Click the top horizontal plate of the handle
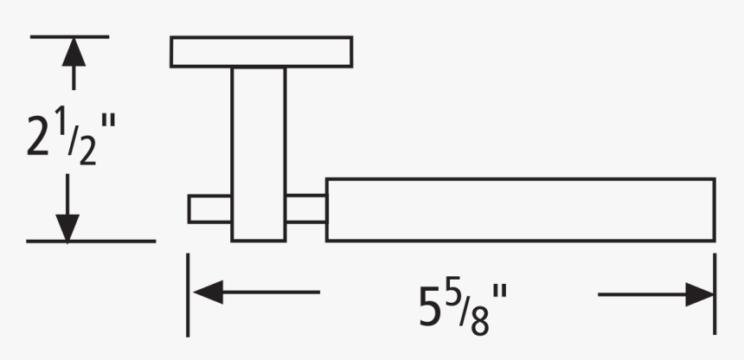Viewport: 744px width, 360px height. point(260,51)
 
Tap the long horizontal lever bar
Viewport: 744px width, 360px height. point(520,209)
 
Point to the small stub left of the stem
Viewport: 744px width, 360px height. point(209,209)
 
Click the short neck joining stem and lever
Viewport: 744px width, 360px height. point(305,209)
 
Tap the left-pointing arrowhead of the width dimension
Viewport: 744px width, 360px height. point(208,292)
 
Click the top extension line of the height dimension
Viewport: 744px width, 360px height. point(69,36)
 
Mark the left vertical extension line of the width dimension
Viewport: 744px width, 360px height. point(188,294)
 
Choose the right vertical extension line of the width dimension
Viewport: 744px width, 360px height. point(715,294)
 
